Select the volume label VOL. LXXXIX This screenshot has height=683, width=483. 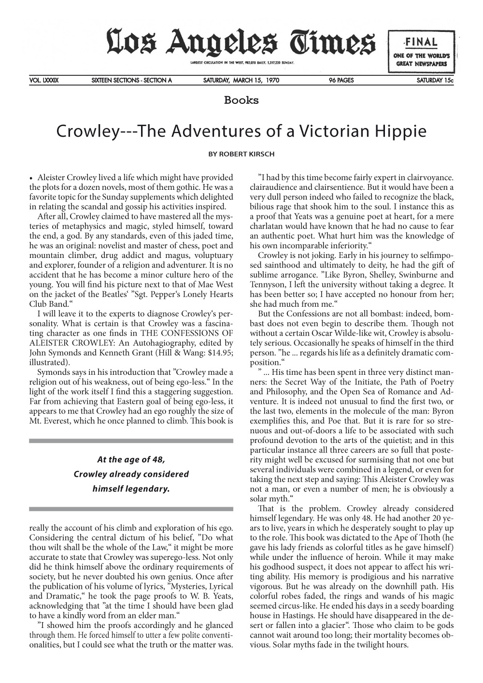pos(44,81)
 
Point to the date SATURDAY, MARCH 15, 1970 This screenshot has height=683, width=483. pos(241,81)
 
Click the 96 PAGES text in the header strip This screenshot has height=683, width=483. pos(341,81)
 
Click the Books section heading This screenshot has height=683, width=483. pos(241,100)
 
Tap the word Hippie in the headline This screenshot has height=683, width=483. pos(402,131)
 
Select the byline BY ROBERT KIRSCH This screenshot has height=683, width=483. pos(241,154)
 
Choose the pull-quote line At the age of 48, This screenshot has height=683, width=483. pos(131,459)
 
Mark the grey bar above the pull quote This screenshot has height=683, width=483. pos(131,441)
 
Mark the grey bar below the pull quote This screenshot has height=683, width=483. pos(131,509)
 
